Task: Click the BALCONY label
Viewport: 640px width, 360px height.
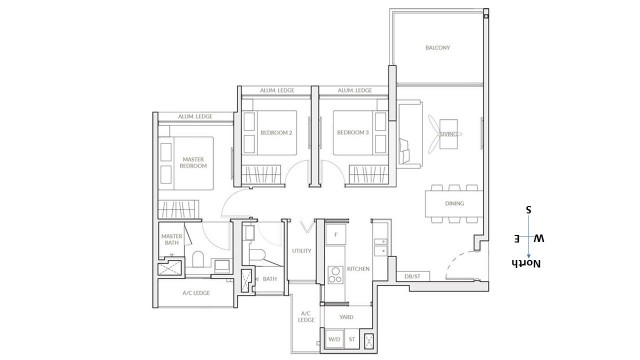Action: [436, 47]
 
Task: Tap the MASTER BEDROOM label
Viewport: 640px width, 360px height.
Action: [194, 162]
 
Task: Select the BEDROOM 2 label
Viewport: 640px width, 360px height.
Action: [275, 132]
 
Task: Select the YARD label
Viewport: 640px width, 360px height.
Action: [346, 317]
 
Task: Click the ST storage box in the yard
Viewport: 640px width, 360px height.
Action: [352, 340]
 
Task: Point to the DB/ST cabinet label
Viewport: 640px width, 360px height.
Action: [411, 275]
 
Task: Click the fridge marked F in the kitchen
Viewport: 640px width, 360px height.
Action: [336, 235]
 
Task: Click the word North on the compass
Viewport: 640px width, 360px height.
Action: [527, 264]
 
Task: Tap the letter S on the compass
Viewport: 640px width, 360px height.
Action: [528, 212]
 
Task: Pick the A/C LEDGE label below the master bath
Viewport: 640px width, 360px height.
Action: [196, 294]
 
